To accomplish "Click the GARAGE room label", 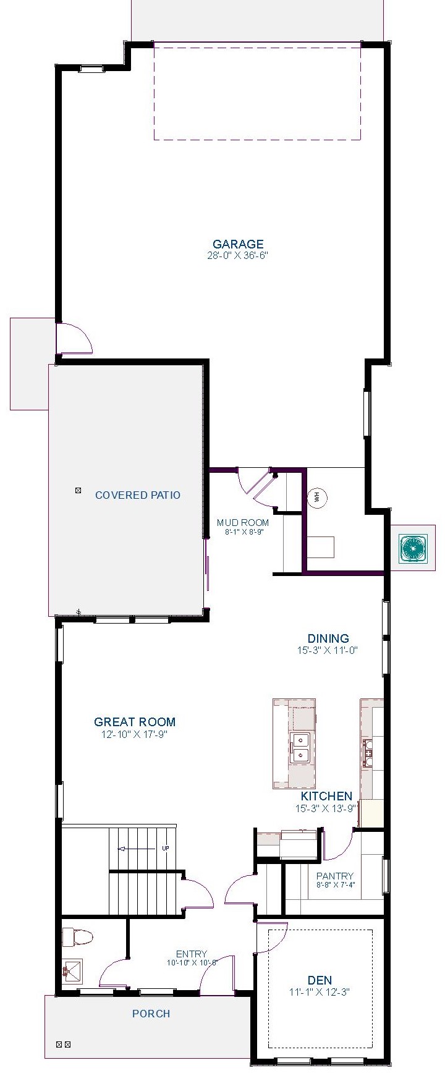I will [x=238, y=244].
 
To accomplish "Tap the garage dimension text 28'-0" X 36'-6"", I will [x=238, y=255].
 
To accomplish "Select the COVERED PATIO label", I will [x=138, y=495].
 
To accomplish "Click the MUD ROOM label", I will [x=242, y=523].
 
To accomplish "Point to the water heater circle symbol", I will [x=316, y=498].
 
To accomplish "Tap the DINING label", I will [x=328, y=638].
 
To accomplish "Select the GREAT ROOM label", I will [x=135, y=722].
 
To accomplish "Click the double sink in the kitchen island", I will [x=300, y=747].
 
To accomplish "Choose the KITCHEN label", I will [x=326, y=797].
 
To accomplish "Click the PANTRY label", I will [x=334, y=876].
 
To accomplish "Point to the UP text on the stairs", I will [x=165, y=849].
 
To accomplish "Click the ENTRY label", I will [x=191, y=954].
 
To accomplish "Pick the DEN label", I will [x=320, y=980].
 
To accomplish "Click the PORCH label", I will [x=151, y=1014].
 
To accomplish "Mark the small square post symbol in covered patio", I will [x=78, y=491].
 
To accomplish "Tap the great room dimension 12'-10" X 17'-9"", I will [x=135, y=734].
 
